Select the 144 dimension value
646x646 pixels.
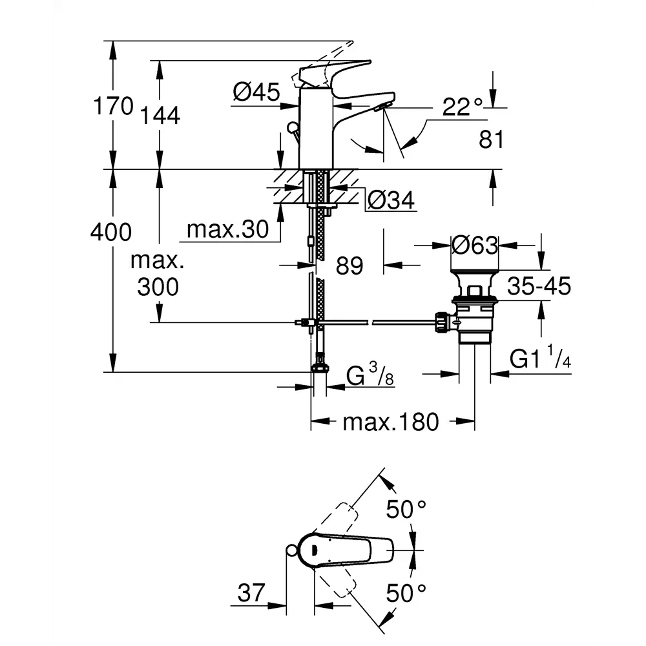(x=158, y=116)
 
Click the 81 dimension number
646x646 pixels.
(x=492, y=139)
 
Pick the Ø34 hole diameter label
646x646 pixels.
(x=391, y=202)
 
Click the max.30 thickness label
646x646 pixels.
(x=227, y=229)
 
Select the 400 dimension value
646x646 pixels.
(x=111, y=231)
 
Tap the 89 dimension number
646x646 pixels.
(x=349, y=265)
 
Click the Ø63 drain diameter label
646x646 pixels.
(x=475, y=245)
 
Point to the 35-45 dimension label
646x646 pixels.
(x=539, y=286)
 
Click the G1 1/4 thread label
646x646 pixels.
(x=540, y=360)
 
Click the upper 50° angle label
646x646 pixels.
(x=406, y=510)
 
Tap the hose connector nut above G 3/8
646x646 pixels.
(x=318, y=368)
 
